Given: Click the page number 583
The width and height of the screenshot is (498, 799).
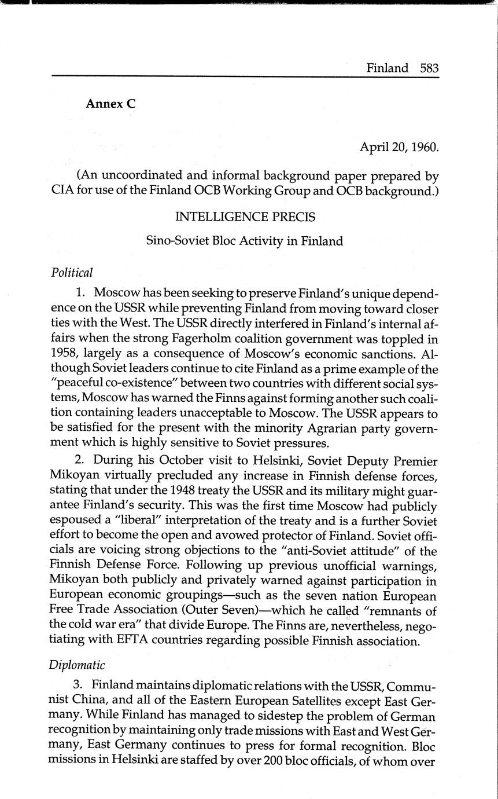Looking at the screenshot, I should pyautogui.click(x=430, y=68).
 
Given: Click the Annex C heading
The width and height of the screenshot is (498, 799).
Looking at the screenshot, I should pyautogui.click(x=110, y=104).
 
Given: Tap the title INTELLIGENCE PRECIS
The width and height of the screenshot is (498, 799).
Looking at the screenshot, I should pyautogui.click(x=245, y=217).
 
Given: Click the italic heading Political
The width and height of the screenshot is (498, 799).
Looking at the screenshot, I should pyautogui.click(x=72, y=272).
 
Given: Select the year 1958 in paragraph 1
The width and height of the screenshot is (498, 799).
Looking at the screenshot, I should pyautogui.click(x=63, y=353).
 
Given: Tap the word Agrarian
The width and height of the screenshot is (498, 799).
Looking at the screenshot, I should pyautogui.click(x=318, y=428).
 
